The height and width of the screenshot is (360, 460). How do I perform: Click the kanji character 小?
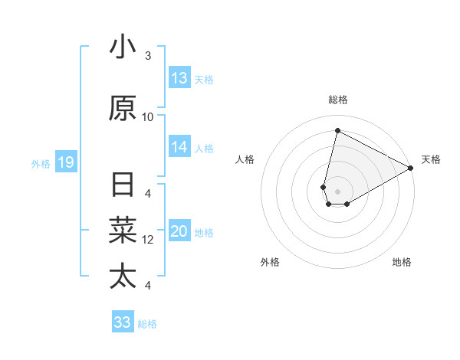pos(123,47)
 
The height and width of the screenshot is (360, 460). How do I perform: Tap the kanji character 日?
pos(123,186)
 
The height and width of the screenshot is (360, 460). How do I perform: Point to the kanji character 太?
pos(123,276)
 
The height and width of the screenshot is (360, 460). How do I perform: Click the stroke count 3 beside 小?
pos(148,56)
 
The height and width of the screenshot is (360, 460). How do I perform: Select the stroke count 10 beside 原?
pos(148,116)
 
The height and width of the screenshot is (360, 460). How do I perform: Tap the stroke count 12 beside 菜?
pos(148,240)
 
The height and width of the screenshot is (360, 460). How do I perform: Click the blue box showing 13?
pos(179,78)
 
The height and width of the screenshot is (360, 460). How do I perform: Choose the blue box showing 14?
pos(179,147)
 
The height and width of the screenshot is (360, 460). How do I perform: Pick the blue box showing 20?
pos(179,232)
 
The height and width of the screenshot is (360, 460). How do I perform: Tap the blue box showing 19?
pos(65,162)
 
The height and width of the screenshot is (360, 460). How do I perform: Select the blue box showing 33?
pos(123,322)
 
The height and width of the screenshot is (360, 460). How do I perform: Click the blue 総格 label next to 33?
pos(148,324)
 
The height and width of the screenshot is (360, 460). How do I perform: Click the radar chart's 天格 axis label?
pos(431,159)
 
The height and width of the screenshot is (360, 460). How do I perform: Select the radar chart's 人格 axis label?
pos(245,159)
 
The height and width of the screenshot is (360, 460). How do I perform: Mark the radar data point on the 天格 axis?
pos(411,169)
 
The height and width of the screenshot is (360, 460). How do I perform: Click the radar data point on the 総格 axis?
pos(337,131)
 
